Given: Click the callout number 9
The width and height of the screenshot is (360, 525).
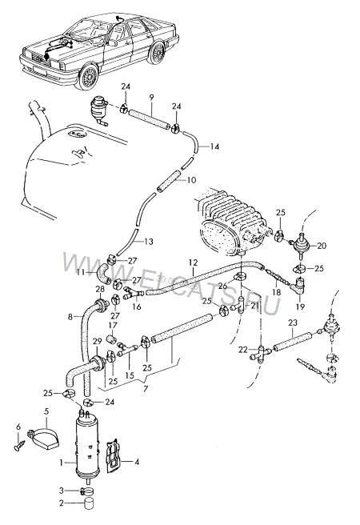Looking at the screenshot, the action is [x=151, y=98].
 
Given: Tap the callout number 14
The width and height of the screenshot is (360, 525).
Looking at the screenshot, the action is [x=214, y=146].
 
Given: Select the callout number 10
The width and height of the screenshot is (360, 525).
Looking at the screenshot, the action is [x=191, y=181].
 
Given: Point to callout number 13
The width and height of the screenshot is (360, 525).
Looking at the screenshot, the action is [x=149, y=241].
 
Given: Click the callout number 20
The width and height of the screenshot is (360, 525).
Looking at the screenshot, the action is [x=321, y=246].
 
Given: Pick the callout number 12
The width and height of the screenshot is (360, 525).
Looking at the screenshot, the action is [x=194, y=262].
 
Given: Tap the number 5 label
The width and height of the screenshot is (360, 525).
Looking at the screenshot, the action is [x=46, y=411].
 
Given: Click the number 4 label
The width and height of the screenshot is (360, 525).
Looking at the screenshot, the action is [x=137, y=463].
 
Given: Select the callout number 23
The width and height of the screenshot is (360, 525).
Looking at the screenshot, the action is [x=293, y=323].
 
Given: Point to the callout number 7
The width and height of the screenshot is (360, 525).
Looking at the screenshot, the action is [x=146, y=390].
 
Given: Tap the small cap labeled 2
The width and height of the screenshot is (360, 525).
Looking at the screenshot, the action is [x=88, y=503].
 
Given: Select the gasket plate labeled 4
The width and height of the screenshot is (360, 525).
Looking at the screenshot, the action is [x=114, y=456].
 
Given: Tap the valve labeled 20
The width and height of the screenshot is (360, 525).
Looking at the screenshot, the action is [x=299, y=246].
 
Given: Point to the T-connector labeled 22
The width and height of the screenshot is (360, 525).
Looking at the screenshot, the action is [x=261, y=353].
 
